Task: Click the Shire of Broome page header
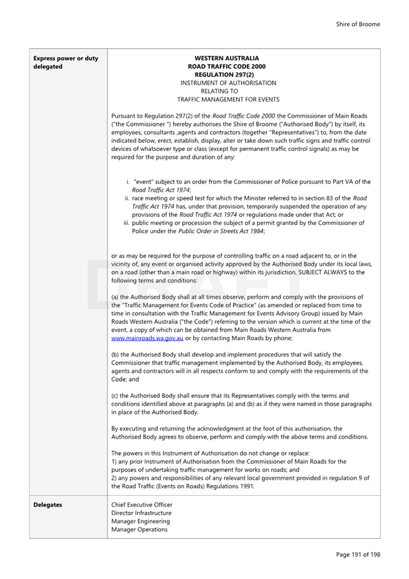click(357, 24)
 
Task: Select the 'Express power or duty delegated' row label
click(65, 63)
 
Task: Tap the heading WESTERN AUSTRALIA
click(227, 58)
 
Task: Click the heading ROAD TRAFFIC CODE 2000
click(227, 66)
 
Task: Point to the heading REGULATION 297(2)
click(227, 75)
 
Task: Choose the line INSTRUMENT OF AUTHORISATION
click(228, 83)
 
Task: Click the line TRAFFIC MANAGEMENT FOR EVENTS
click(228, 99)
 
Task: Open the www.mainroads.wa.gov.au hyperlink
click(147, 338)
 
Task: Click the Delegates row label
click(48, 504)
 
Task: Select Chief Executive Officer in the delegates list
click(142, 504)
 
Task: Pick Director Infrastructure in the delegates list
click(142, 513)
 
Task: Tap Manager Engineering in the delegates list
click(140, 521)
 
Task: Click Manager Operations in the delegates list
click(139, 529)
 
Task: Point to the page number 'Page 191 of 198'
click(358, 554)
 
